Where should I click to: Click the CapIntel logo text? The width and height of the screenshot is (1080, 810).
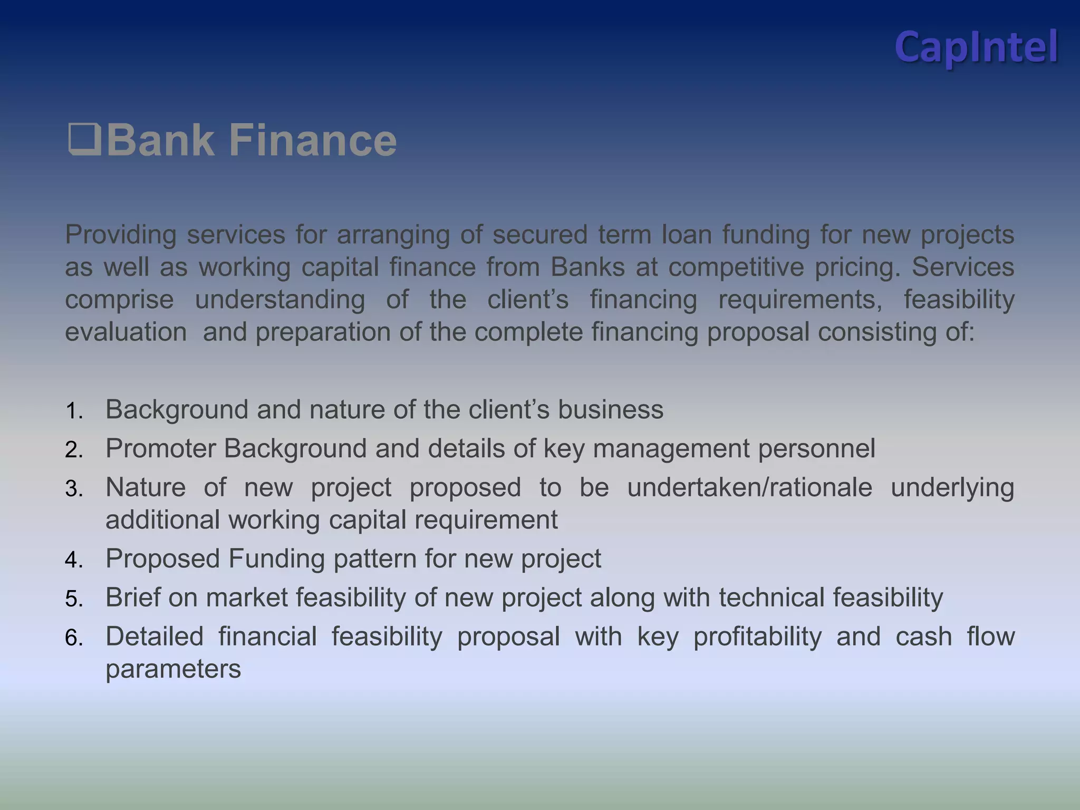[x=976, y=47]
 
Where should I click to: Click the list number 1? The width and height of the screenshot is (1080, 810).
[x=74, y=411]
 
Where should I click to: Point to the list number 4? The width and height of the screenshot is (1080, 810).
[x=74, y=560]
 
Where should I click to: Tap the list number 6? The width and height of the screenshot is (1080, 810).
[x=74, y=638]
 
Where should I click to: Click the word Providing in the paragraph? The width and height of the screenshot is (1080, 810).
[x=120, y=235]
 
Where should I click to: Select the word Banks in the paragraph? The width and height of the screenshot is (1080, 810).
[x=587, y=267]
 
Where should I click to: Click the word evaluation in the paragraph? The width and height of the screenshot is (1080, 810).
[x=126, y=332]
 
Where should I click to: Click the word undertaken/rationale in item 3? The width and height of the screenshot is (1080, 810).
[x=749, y=487]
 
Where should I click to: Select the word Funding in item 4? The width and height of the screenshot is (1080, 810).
[x=276, y=558]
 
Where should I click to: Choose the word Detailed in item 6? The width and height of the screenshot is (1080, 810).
[x=154, y=637]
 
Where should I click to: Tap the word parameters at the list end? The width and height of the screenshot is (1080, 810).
[x=173, y=669]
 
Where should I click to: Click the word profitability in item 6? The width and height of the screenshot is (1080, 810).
[x=757, y=637]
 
